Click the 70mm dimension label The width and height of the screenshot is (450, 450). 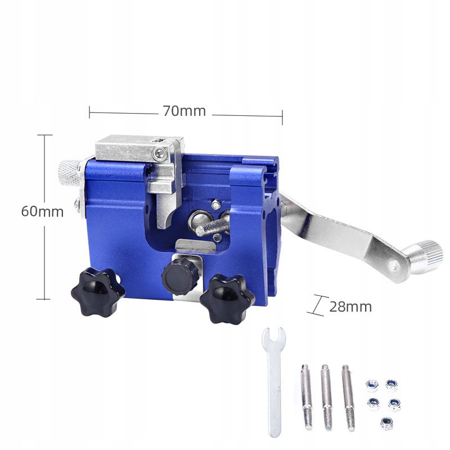pyautogui.click(x=184, y=111)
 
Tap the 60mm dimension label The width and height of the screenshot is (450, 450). pyautogui.click(x=42, y=212)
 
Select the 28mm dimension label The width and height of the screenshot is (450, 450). pyautogui.click(x=350, y=307)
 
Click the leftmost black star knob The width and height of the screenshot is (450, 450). pyautogui.click(x=98, y=291)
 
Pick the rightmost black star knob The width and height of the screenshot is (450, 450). pyautogui.click(x=227, y=299)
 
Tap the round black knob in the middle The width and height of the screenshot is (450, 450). pyautogui.click(x=180, y=276)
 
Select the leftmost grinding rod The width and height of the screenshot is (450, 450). pyautogui.click(x=307, y=397)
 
